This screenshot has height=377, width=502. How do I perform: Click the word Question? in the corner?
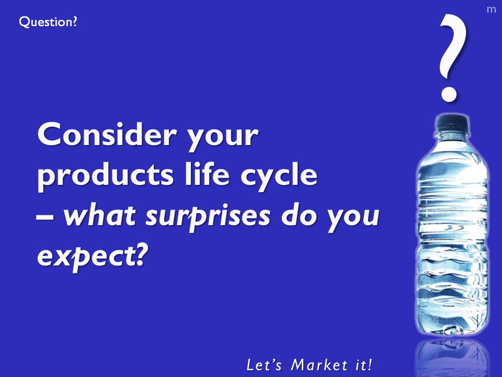click(48, 22)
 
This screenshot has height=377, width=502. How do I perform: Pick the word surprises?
click(208, 216)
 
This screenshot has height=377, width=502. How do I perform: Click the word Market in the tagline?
click(319, 365)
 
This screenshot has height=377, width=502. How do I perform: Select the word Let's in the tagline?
click(264, 365)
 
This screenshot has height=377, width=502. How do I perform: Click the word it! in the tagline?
click(364, 365)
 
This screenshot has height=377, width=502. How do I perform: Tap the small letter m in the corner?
click(491, 9)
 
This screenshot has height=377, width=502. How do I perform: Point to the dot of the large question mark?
click(449, 94)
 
